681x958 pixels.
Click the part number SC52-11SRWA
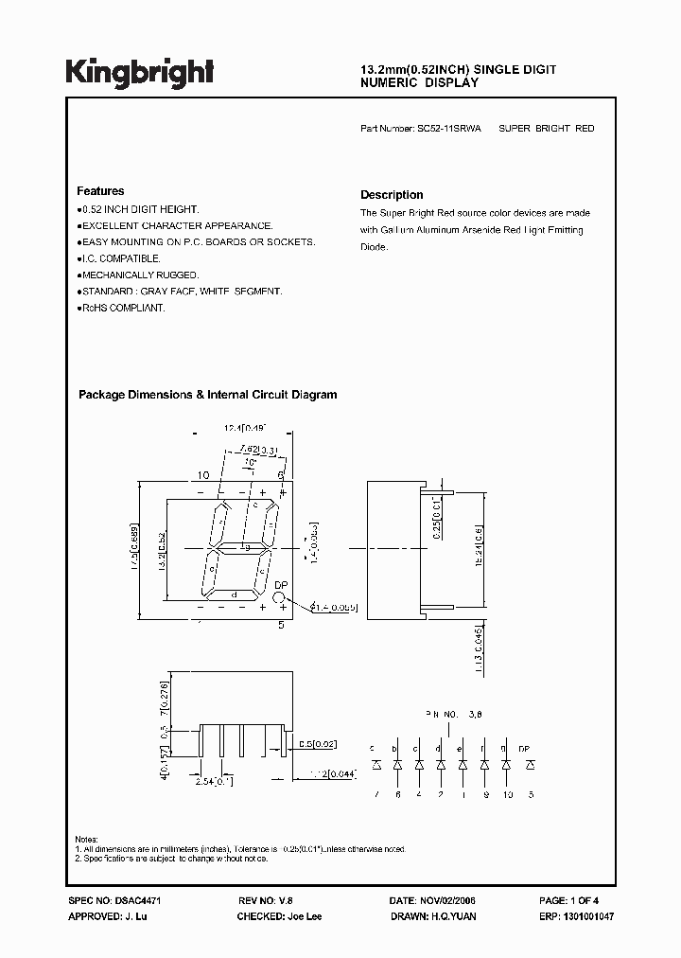click(x=447, y=128)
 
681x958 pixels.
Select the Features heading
click(x=100, y=191)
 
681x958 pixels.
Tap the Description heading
click(x=392, y=195)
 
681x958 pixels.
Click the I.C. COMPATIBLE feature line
click(x=120, y=258)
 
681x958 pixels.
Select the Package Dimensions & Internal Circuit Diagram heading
click(x=207, y=395)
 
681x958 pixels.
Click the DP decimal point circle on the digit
click(x=280, y=598)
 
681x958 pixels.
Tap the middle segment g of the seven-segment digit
click(x=241, y=548)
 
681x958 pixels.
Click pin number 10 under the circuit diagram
click(x=506, y=794)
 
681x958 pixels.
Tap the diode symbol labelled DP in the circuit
click(x=529, y=763)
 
